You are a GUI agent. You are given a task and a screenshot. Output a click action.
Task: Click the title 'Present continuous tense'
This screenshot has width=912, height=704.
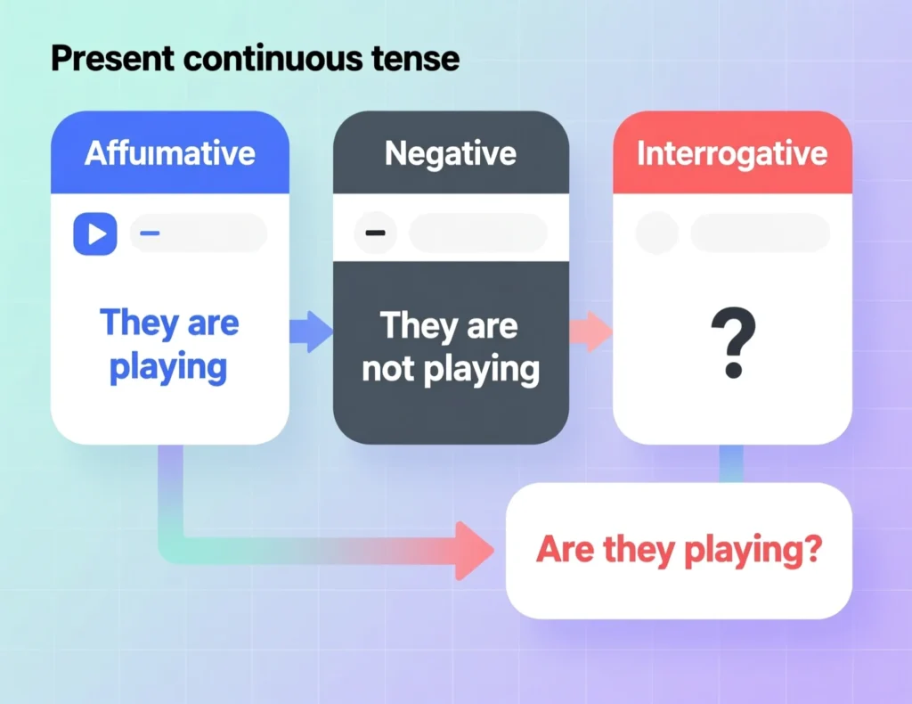coord(255,59)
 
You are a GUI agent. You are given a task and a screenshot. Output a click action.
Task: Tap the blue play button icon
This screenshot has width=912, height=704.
coord(95,233)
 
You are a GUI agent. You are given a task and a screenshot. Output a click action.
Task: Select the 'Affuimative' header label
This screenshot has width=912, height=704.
coord(170,153)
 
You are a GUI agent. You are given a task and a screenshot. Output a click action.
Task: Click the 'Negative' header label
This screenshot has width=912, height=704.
coord(451,153)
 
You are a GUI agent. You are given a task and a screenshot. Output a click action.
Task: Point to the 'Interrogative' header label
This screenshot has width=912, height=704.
coord(732,153)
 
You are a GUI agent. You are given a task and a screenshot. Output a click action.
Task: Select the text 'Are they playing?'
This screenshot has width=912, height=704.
coord(678,550)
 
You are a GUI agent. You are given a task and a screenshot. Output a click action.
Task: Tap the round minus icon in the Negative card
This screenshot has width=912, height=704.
coord(376,233)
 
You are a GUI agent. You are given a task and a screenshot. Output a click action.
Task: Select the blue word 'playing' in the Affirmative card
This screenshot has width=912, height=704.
coord(168,366)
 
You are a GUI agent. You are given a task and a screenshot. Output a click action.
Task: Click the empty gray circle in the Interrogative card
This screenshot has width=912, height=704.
coord(656,233)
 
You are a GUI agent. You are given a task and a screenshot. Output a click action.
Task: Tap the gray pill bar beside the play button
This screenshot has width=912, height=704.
coord(199,233)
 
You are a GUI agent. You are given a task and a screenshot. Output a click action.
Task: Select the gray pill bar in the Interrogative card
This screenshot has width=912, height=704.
coord(760,233)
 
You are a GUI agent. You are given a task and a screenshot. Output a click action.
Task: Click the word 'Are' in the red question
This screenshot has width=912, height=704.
coord(566,550)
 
